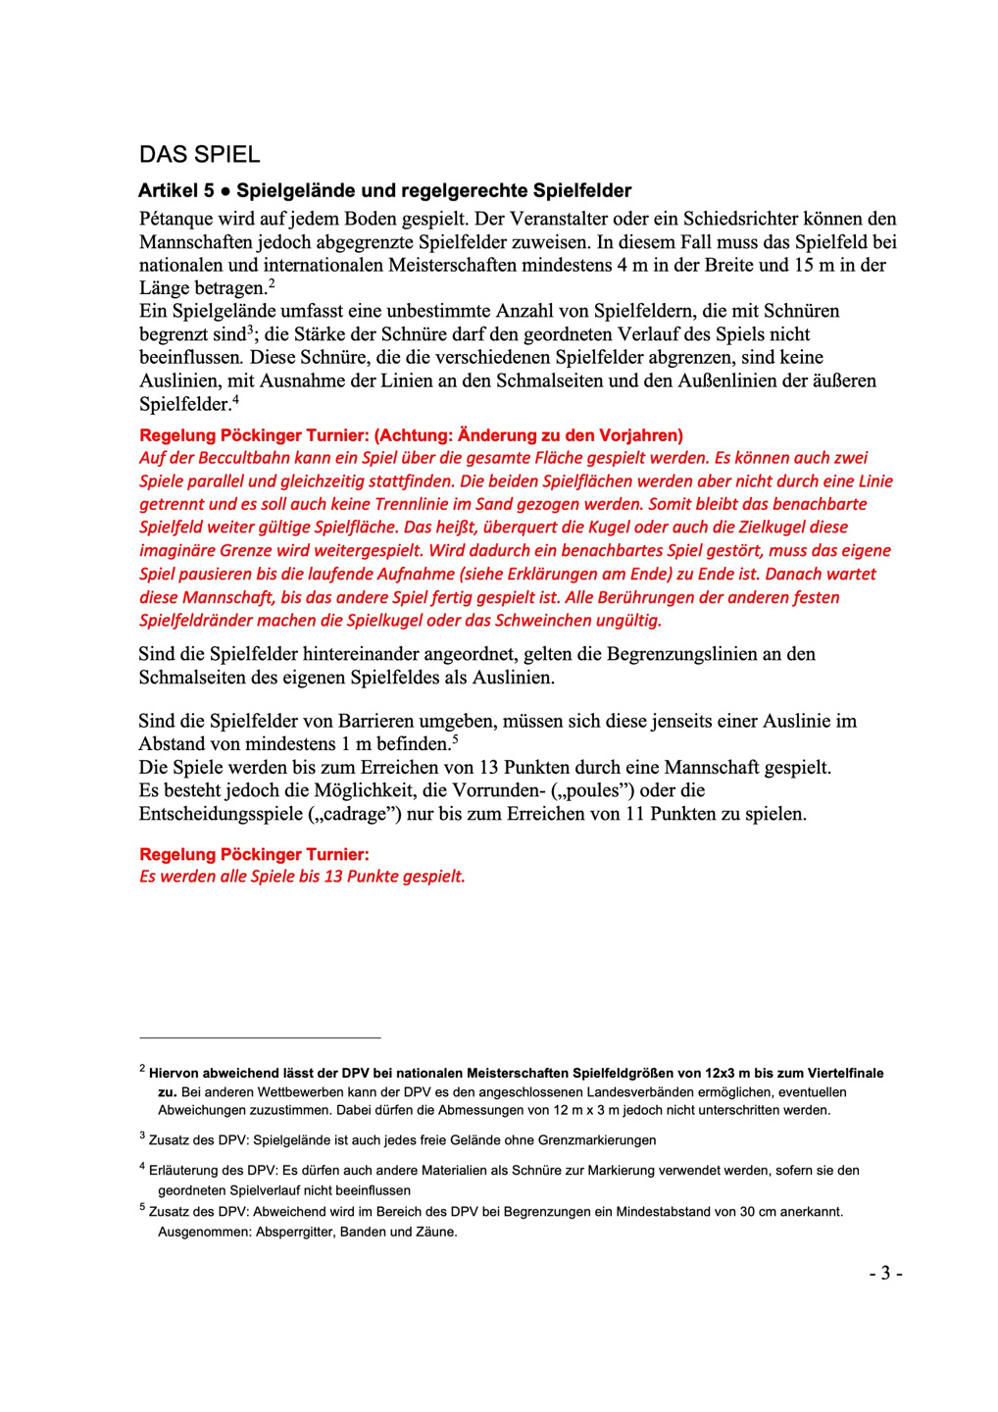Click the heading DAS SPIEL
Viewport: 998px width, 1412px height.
click(x=200, y=155)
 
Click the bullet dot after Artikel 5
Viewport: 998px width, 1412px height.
click(x=225, y=191)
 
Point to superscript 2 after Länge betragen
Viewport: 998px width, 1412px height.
click(x=272, y=284)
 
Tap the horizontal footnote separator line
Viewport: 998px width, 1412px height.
click(x=260, y=1037)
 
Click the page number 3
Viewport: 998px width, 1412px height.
click(x=885, y=1274)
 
